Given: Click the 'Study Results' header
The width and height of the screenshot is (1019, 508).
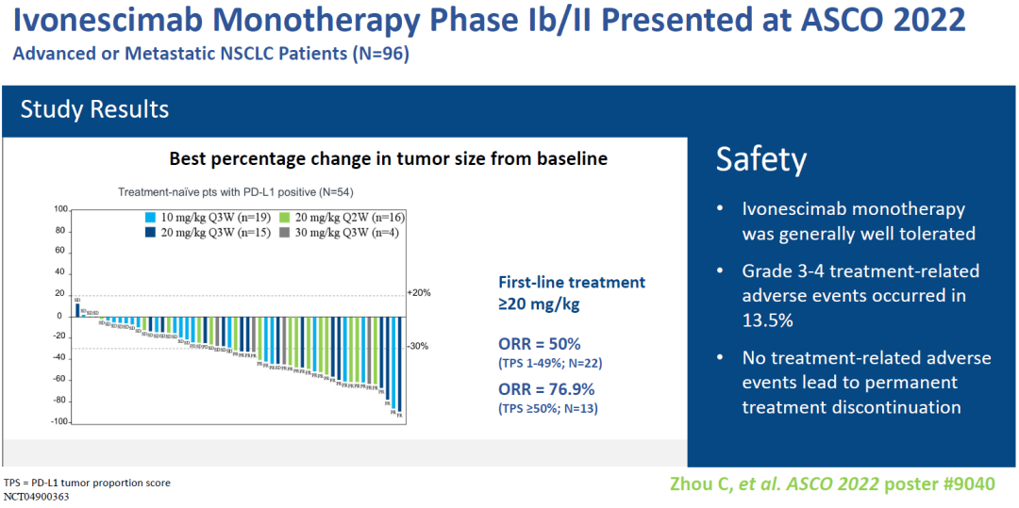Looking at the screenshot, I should [x=94, y=109].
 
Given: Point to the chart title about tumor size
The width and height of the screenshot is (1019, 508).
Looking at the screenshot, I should [x=388, y=159].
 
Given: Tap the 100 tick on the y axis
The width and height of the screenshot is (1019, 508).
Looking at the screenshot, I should [x=61, y=209].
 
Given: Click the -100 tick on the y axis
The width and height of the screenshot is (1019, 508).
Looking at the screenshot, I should [x=59, y=421].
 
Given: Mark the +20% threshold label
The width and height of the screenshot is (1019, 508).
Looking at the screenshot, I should [x=418, y=293].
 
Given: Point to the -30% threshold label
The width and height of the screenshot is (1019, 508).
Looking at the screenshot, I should [x=417, y=346].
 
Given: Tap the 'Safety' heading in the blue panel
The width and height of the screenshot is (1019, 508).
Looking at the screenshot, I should [x=761, y=159].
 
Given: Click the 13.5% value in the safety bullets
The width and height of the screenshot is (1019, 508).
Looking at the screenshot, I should [x=767, y=320].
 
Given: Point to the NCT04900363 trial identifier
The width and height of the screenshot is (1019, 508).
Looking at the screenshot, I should [x=39, y=496].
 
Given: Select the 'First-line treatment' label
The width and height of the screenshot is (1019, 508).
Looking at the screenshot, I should [x=572, y=282].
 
